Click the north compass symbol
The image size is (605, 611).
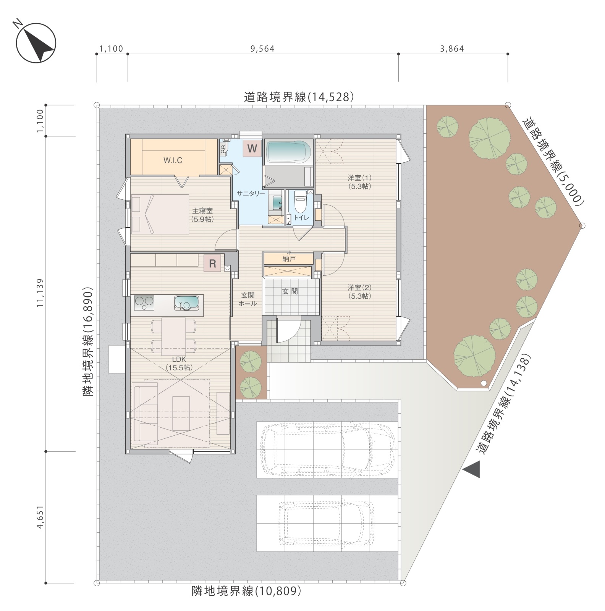point(36,43)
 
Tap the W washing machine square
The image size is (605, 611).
point(252,148)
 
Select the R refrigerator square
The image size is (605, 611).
point(212,263)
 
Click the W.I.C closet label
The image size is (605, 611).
point(173,160)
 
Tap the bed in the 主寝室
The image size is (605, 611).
point(160,214)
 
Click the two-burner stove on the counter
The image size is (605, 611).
point(144,303)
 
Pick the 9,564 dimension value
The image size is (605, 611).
point(262,49)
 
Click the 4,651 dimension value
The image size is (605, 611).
point(40,517)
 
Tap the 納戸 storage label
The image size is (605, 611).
point(289,259)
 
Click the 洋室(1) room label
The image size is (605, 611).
point(359,182)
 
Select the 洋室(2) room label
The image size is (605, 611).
point(359,291)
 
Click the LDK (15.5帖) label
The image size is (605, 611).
point(179,363)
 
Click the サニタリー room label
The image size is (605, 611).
point(251,194)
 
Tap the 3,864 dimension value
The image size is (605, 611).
point(452,49)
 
